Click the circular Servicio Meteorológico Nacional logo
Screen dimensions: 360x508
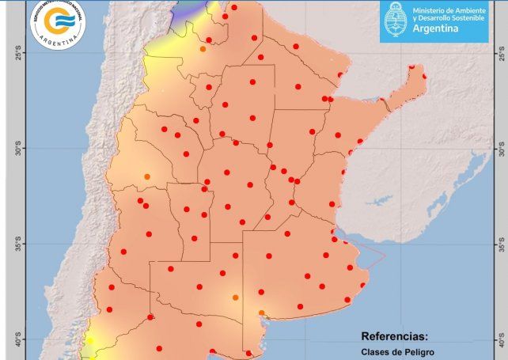(55, 24)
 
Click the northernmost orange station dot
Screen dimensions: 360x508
(203, 49)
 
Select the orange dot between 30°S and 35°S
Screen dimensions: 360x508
(146, 176)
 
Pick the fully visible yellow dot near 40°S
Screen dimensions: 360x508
(89, 341)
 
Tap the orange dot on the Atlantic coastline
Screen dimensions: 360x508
(261, 313)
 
